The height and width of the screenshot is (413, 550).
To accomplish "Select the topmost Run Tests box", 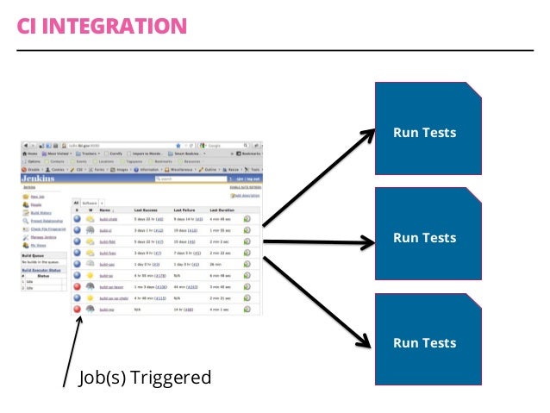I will click(424, 133).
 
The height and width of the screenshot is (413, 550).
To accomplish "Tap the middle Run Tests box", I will click(424, 238).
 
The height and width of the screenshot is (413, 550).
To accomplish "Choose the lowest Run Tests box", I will click(424, 343).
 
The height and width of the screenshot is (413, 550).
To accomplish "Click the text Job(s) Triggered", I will click(145, 377).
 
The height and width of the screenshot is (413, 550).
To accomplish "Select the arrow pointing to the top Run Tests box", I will click(319, 178).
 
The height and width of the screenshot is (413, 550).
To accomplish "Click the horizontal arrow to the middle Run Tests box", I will click(319, 242).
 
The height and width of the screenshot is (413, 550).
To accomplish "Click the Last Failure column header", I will click(185, 210).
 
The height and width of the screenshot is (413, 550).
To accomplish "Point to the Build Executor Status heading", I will click(42, 270).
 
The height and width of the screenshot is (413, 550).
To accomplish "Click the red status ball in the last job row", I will click(76, 309).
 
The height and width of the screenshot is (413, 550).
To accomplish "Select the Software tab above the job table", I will click(90, 201).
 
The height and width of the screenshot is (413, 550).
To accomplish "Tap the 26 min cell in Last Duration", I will click(216, 264).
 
